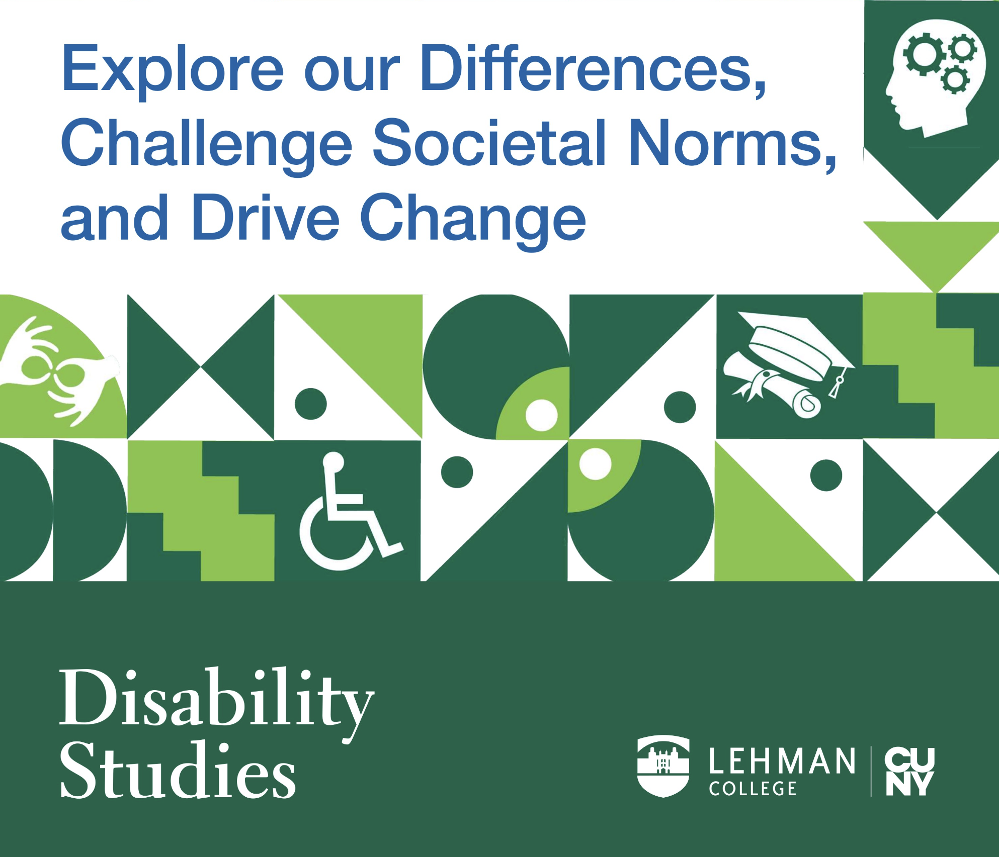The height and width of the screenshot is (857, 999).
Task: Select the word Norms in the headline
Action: coord(732,143)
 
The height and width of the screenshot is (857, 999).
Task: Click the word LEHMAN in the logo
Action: coord(782,761)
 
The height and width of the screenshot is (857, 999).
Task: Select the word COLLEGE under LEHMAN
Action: coord(753,789)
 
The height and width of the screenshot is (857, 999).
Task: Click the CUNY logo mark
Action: coord(910,772)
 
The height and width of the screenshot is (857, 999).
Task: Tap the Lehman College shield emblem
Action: coord(663,766)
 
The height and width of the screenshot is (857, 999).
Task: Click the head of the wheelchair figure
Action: coord(333,461)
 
